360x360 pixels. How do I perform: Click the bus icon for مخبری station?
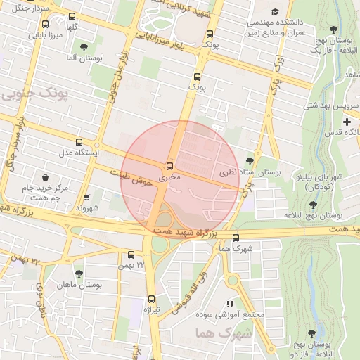point(169,166)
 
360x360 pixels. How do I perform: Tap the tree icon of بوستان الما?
point(84,47)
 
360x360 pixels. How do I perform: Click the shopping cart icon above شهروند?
point(87,198)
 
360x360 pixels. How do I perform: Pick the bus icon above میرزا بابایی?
point(46,22)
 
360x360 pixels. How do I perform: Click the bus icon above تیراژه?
point(152,298)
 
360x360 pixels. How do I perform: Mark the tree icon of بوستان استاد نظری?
point(250,161)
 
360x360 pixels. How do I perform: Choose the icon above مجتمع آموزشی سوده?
point(230,303)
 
